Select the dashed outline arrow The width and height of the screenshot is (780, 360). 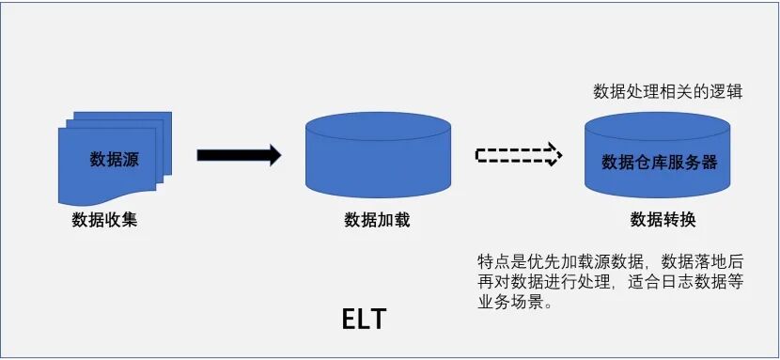click(x=518, y=155)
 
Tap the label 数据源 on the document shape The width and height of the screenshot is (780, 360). click(x=114, y=159)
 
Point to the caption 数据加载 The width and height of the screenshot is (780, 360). click(x=377, y=221)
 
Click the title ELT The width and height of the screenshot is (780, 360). click(x=363, y=320)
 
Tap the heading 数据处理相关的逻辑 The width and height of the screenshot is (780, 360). click(x=668, y=92)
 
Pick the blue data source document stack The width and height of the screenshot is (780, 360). click(x=114, y=155)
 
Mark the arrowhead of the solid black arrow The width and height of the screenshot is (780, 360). click(x=272, y=156)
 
